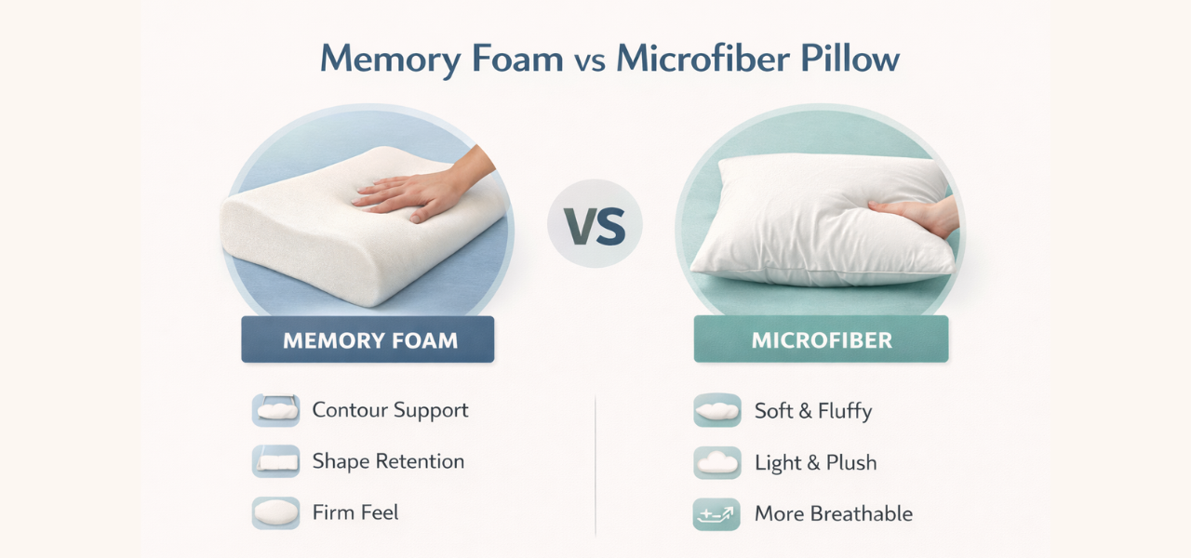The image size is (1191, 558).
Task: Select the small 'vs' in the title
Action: [x=589, y=60]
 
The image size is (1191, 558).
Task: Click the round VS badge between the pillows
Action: [x=595, y=224]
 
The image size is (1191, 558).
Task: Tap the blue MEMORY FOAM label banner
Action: [x=368, y=339]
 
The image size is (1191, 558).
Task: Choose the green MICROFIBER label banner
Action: [x=821, y=339]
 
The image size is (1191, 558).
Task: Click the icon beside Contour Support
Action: [x=275, y=410]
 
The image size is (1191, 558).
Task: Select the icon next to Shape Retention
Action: [x=275, y=461]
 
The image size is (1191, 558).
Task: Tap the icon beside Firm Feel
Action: [x=275, y=512]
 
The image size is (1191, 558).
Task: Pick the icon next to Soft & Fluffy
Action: [x=716, y=410]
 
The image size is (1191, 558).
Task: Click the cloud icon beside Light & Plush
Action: [x=716, y=462]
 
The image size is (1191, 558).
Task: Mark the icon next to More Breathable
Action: [x=716, y=513]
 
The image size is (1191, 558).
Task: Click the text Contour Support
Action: [x=390, y=410]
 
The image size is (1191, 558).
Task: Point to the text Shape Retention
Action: [x=388, y=461]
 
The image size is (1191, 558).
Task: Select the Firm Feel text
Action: [x=355, y=512]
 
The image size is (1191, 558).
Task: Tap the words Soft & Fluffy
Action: [x=813, y=411]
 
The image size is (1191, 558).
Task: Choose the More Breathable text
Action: [x=834, y=513]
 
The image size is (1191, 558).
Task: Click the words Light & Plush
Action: [x=816, y=462]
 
